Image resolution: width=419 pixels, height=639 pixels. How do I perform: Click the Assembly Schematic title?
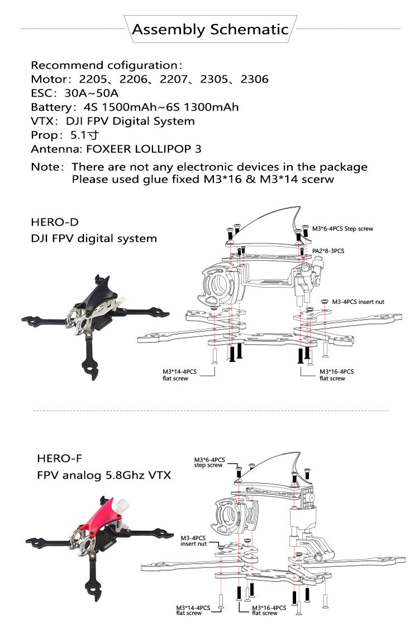pyautogui.click(x=210, y=30)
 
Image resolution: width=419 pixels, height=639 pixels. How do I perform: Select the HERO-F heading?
pyautogui.click(x=59, y=459)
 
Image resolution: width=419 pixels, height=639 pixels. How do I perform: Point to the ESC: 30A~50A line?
pyautogui.click(x=74, y=93)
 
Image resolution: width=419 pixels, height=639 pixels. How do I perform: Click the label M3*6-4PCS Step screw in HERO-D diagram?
pyautogui.click(x=342, y=228)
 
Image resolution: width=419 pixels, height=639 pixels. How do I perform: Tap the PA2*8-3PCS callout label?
pyautogui.click(x=328, y=251)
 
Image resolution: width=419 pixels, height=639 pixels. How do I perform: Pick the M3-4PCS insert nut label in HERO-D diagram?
pyautogui.click(x=358, y=302)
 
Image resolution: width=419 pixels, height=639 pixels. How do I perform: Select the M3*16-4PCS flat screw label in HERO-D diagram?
pyautogui.click(x=336, y=375)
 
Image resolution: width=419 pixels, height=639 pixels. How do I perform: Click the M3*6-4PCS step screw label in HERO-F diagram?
pyautogui.click(x=208, y=462)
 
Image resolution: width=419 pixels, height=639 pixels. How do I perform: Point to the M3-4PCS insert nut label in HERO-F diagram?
pyautogui.click(x=193, y=540)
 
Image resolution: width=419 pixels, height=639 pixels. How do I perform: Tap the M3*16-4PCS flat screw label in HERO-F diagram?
pyautogui.click(x=269, y=610)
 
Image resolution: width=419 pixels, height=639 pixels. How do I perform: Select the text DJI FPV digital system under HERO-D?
pyautogui.click(x=94, y=239)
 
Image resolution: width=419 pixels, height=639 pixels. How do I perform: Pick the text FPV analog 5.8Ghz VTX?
pyautogui.click(x=104, y=475)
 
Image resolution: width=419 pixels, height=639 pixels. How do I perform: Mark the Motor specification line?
pyautogui.click(x=149, y=79)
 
